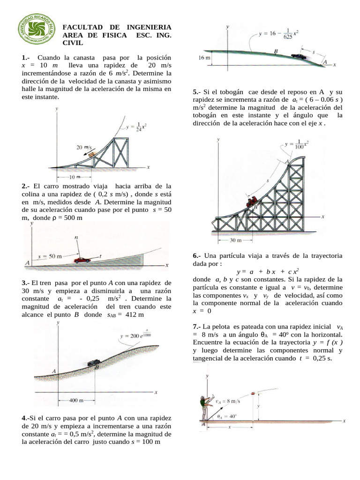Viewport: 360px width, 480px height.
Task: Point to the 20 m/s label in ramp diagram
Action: [84, 147]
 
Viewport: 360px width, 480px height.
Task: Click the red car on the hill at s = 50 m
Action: [82, 260]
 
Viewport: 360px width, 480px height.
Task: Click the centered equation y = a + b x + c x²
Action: [268, 271]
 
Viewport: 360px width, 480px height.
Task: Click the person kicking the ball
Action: [204, 407]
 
